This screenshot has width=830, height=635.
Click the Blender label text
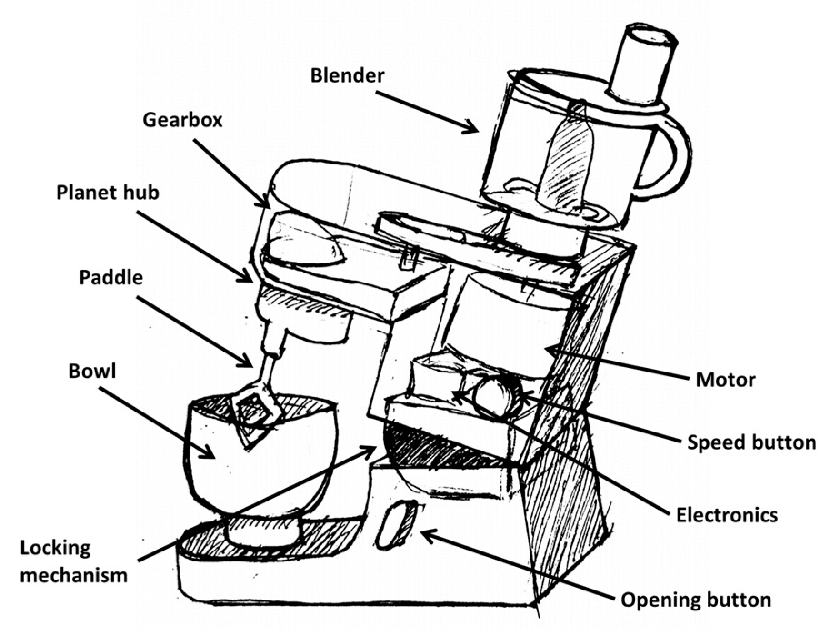point(347,76)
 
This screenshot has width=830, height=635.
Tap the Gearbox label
point(182,120)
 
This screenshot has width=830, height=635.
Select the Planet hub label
point(108,193)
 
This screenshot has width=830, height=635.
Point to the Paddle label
point(111,278)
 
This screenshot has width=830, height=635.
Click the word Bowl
point(92,372)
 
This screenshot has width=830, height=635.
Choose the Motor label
point(725,380)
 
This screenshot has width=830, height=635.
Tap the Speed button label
point(751,442)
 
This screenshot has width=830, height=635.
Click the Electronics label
point(727,515)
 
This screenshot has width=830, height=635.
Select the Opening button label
point(696,600)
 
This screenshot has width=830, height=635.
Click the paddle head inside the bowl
point(254,409)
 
